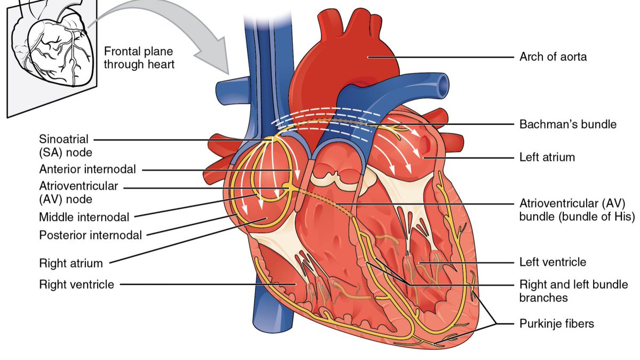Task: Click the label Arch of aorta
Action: [553, 57]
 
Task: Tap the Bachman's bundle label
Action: [568, 124]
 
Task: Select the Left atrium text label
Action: [547, 158]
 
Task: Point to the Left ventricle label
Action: [553, 262]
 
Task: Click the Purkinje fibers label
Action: [557, 323]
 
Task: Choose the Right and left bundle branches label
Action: [573, 291]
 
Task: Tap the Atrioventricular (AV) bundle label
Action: [577, 210]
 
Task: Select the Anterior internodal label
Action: [87, 170]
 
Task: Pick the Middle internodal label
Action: [84, 217]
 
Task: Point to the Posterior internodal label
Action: [91, 235]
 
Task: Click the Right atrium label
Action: [71, 263]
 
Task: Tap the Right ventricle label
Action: [77, 285]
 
